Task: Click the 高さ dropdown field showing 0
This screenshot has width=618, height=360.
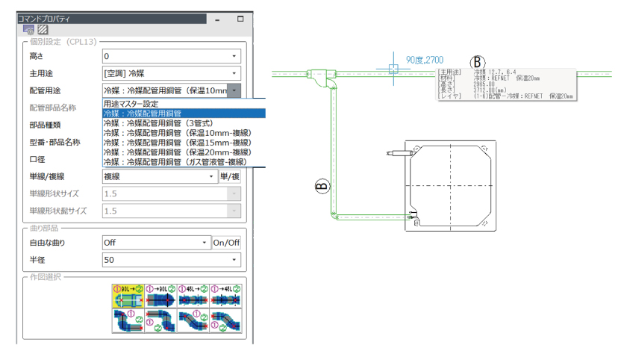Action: pos(171,56)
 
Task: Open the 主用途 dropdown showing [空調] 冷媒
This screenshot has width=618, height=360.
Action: pos(171,73)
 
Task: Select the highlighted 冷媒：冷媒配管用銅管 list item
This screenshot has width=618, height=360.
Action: pos(184,113)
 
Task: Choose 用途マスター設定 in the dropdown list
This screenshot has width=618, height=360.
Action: pos(184,103)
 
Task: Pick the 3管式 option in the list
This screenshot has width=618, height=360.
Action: pos(184,122)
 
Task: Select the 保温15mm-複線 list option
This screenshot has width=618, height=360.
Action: pos(184,142)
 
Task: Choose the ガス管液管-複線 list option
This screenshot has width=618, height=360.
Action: pos(184,161)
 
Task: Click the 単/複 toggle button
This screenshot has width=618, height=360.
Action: pos(230,176)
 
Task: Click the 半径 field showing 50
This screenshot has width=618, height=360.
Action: pos(171,260)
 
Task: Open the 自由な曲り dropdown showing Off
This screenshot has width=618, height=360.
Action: pos(156,242)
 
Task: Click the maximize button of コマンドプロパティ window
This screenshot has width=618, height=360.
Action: pos(240,19)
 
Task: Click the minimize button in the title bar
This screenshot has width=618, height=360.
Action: pos(215,19)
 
